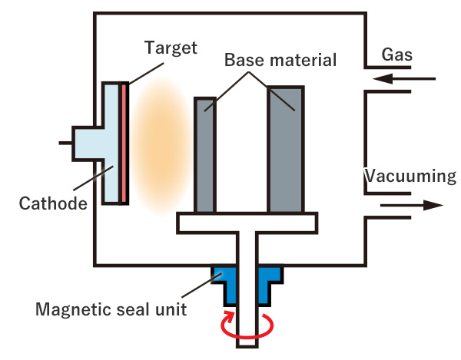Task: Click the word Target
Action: coord(171,48)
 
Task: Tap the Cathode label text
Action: coord(53,203)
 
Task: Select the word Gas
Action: coord(397,54)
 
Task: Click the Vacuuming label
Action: coord(410,177)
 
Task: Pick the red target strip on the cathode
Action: coord(124,143)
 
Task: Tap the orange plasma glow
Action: coord(161,145)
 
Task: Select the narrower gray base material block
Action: coord(205,155)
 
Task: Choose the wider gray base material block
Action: coord(286,149)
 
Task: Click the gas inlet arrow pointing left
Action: coord(403,79)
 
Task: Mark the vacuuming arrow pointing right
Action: coord(412,205)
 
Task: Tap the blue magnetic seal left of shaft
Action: coord(225,282)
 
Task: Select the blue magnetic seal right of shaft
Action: coord(269,282)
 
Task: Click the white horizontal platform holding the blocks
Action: coord(247,223)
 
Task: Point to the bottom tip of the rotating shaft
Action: coord(247,348)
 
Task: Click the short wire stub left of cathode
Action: coord(65,143)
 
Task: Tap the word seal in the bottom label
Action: coord(133,309)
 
